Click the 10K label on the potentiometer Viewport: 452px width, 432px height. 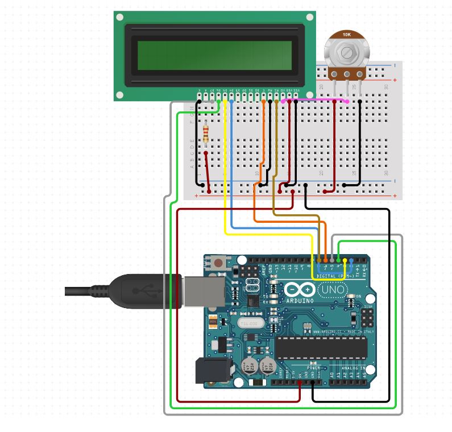point(346,35)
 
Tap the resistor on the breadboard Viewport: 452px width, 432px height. point(205,134)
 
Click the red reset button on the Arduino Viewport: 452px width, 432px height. point(218,263)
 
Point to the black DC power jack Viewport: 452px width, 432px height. point(213,370)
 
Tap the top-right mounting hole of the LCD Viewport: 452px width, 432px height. point(310,18)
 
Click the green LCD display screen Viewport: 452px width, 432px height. point(214,54)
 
